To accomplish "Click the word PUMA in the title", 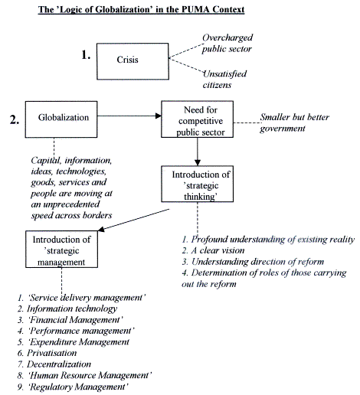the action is [x=196, y=9].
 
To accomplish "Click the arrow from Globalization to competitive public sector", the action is [x=129, y=116].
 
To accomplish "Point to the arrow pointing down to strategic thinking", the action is [x=198, y=152].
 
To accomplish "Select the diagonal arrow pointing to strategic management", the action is [x=134, y=220].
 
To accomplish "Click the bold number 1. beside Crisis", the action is [x=86, y=55].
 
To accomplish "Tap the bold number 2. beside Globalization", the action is [x=15, y=119].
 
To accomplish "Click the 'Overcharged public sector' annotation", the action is [x=227, y=43].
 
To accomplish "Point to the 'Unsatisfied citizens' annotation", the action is [x=224, y=80].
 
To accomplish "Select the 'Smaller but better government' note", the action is [x=295, y=122].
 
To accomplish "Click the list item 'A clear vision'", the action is [x=213, y=250].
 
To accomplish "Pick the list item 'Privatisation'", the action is [x=47, y=353].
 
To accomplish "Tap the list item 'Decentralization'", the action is [x=54, y=364].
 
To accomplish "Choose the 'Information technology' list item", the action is [x=67, y=308].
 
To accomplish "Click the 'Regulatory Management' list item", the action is [x=73, y=387].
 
